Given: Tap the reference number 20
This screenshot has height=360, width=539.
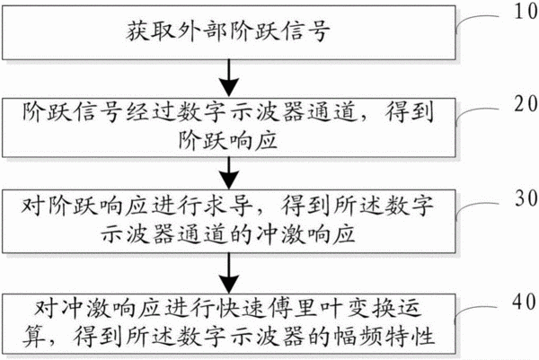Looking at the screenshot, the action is point(526,104).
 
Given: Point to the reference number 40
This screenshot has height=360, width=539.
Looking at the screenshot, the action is point(525,303).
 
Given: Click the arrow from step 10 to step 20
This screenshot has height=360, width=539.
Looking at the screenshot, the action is point(229,78).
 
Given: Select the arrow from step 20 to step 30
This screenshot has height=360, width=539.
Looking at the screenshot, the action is point(229,173).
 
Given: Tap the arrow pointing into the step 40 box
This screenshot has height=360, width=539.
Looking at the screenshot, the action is point(229,273).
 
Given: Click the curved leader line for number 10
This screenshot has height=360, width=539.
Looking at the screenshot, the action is point(476,18).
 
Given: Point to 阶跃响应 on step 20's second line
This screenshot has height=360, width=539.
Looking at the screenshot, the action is point(227,141).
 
